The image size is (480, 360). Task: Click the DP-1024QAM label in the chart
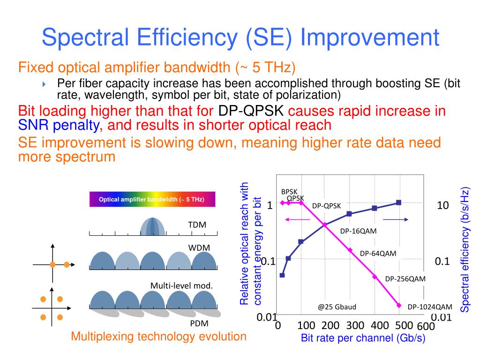(430, 307)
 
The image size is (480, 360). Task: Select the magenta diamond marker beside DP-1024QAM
(399, 305)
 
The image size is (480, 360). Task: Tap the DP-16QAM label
(359, 231)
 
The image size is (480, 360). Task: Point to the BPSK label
(289, 192)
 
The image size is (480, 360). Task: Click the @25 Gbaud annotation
(337, 307)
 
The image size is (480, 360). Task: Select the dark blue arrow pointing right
(396, 219)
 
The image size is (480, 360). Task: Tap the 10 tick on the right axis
(443, 205)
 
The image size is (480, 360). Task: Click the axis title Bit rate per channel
(363, 338)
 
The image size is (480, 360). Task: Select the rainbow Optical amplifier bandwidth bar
(152, 199)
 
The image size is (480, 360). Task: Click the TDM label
(197, 225)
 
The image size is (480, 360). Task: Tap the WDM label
(199, 247)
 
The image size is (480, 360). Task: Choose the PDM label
(199, 323)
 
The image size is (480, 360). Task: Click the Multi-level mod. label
(181, 285)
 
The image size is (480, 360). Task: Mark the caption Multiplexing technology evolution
(158, 336)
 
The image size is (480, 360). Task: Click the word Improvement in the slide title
(370, 37)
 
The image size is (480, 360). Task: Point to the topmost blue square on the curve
(398, 202)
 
